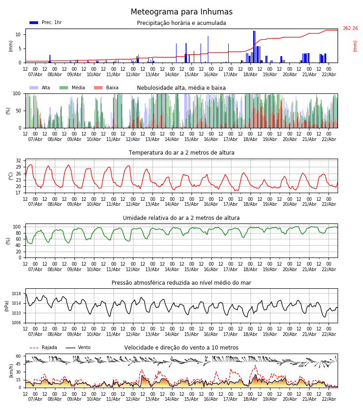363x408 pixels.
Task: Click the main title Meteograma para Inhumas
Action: click(181, 12)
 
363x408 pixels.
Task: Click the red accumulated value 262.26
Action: click(350, 29)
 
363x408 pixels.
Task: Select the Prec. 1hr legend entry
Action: click(45, 23)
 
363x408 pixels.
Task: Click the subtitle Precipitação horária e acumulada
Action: click(181, 23)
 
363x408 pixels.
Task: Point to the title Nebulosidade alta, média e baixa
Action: click(181, 88)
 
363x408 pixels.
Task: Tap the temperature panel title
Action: click(181, 153)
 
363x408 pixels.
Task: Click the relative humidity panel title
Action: click(181, 218)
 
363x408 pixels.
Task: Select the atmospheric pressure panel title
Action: click(181, 283)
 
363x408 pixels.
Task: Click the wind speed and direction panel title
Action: click(181, 348)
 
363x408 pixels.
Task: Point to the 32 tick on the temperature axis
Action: click(18, 161)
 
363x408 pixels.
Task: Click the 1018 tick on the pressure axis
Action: click(16, 294)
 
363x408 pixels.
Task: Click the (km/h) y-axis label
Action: click(11, 370)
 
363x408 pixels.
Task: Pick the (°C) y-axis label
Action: click(11, 175)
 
